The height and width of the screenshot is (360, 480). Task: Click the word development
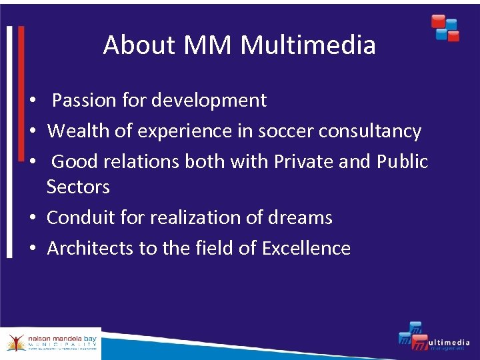(x=209, y=101)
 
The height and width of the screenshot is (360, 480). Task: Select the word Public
(x=403, y=162)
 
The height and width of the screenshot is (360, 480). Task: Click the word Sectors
(x=78, y=187)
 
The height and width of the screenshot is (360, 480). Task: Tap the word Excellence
(x=306, y=248)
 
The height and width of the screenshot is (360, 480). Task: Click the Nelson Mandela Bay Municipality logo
(x=51, y=343)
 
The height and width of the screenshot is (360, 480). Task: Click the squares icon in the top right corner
(x=445, y=27)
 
